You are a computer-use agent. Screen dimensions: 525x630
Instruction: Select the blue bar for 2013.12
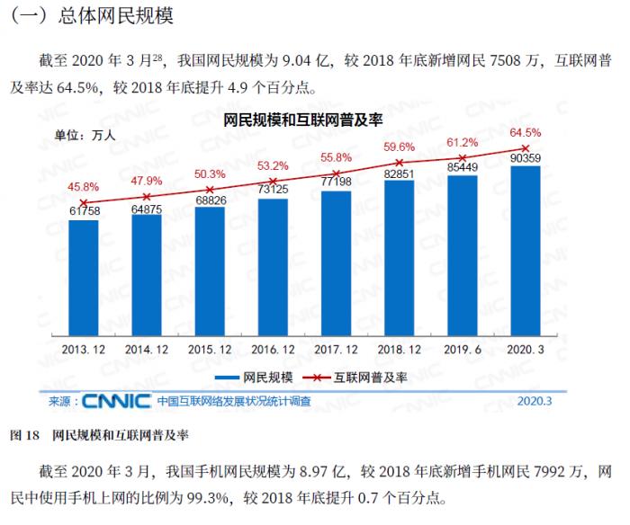(x=84, y=274)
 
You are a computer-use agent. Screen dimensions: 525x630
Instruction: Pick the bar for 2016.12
(x=273, y=265)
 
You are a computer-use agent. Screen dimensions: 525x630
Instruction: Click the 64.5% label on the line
(x=526, y=132)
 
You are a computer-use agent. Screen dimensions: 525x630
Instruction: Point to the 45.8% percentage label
(x=85, y=187)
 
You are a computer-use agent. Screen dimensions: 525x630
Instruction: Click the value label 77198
(x=336, y=181)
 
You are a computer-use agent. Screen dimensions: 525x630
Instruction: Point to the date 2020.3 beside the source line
(x=535, y=402)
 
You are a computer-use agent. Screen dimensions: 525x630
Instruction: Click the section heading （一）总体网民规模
(x=91, y=16)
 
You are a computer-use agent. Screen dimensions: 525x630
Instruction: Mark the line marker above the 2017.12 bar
(x=336, y=173)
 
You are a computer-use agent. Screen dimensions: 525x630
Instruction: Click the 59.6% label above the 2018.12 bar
(x=399, y=147)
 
